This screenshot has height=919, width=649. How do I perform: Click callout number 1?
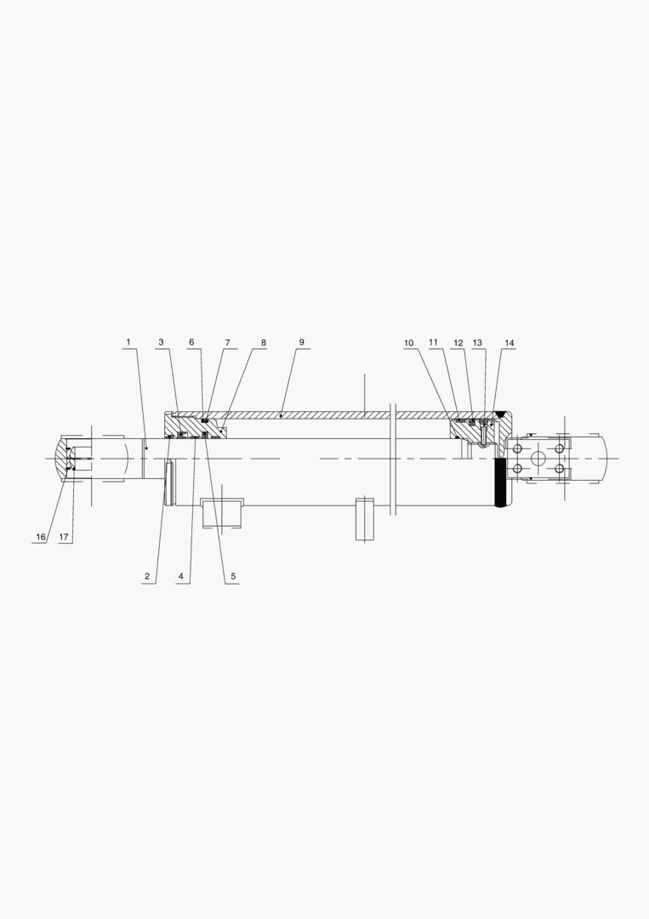[x=128, y=343]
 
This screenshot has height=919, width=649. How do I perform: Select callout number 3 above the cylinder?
[x=160, y=343]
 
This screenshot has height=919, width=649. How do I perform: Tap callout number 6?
[x=191, y=343]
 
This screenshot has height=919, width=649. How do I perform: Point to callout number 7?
[x=227, y=343]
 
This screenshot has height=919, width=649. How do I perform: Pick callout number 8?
[x=263, y=343]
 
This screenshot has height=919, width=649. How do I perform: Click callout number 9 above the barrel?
[x=300, y=343]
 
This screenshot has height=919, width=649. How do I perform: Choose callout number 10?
[x=408, y=344]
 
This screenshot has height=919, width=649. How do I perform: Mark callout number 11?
[x=433, y=344]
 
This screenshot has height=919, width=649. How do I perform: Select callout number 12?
[x=458, y=344]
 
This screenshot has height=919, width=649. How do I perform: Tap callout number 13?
[x=478, y=344]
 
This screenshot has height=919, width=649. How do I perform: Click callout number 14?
[x=509, y=344]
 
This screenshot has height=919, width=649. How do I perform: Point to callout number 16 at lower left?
[x=40, y=538]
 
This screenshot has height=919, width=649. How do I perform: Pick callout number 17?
[x=64, y=538]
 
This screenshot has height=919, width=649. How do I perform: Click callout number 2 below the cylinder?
[x=147, y=577]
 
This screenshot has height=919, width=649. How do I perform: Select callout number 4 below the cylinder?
[x=180, y=577]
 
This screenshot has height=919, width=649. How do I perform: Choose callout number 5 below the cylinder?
[x=233, y=577]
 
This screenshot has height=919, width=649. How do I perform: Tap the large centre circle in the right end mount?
[x=537, y=459]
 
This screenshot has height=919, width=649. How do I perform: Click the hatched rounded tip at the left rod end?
[x=61, y=458]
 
